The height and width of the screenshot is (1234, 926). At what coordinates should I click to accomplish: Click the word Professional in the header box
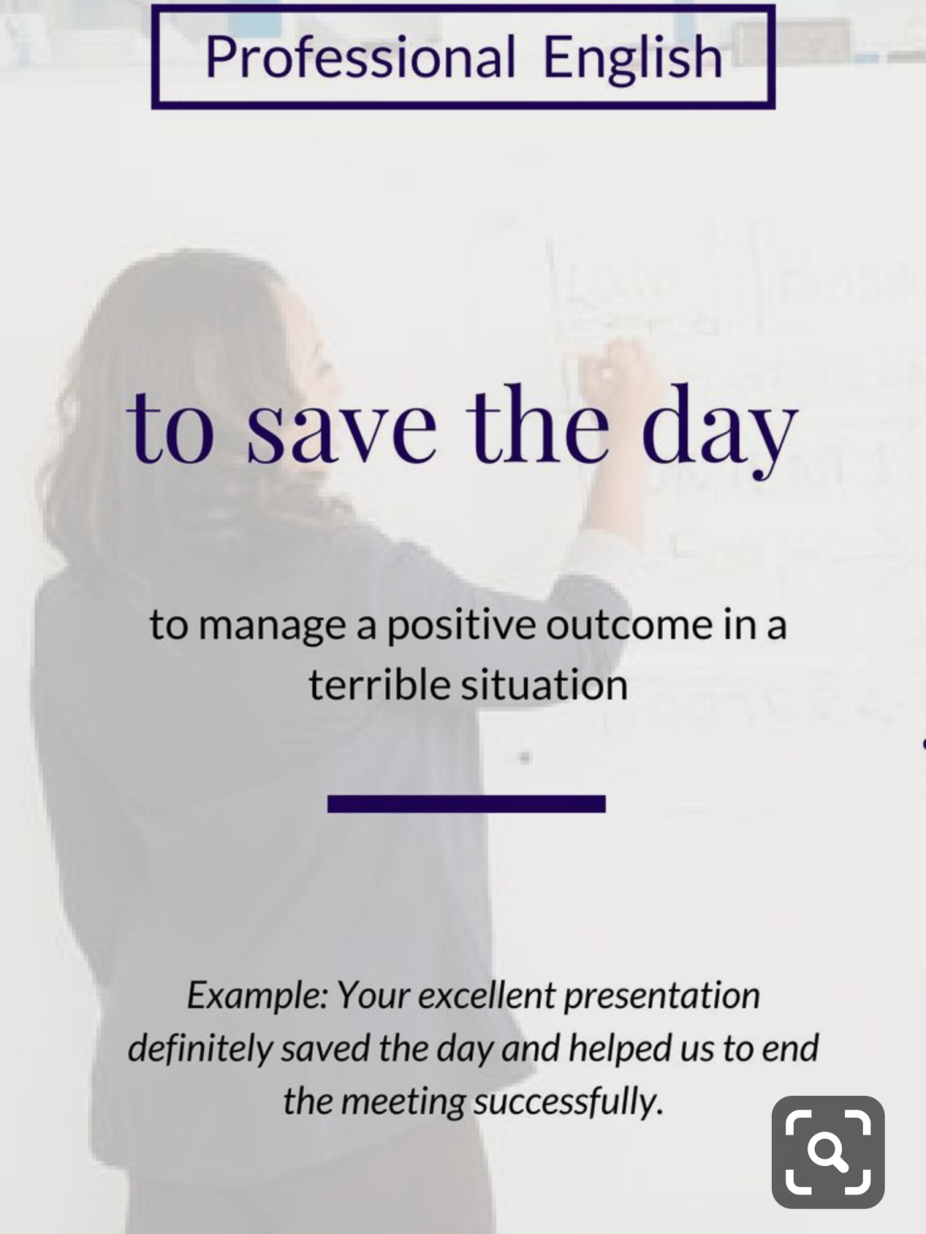[360, 58]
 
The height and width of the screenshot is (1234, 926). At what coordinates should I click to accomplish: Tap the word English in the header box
[633, 59]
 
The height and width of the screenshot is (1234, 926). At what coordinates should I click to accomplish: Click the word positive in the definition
[460, 625]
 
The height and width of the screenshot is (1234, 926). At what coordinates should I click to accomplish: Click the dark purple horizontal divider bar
[466, 804]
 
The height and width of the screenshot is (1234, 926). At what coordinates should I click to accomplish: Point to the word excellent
[487, 995]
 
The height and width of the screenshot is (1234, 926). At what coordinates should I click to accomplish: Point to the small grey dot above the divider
[525, 758]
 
